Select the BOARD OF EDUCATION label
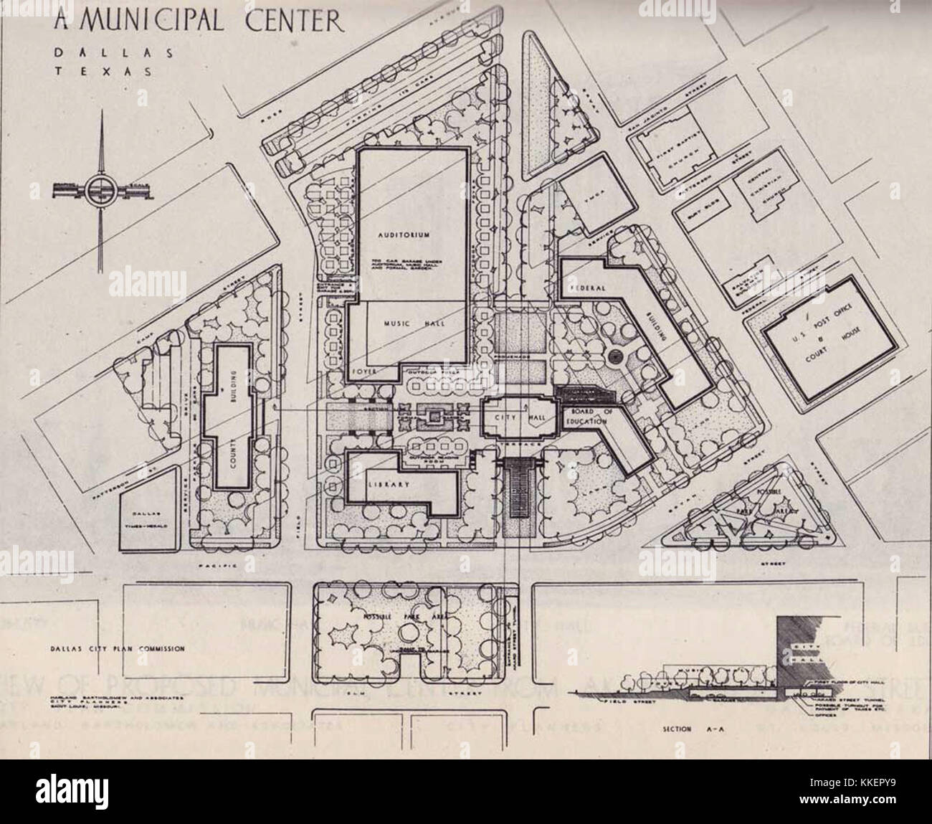(594, 416)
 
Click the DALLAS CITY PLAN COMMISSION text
(118, 648)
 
